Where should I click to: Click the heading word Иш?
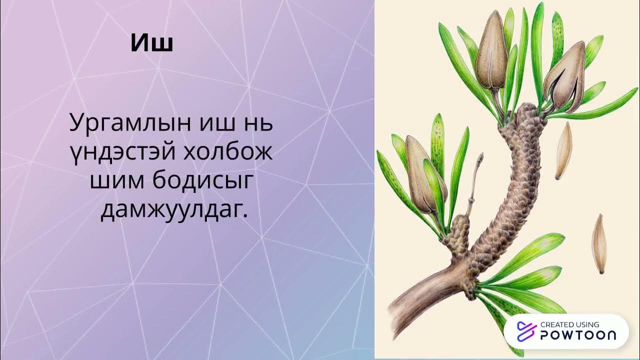[152, 43]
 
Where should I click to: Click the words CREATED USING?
[569, 324]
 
